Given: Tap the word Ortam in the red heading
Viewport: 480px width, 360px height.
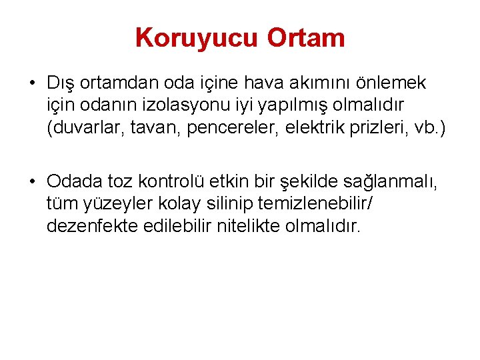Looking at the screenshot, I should [x=306, y=38].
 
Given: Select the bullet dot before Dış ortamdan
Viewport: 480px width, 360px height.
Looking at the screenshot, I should [x=32, y=83].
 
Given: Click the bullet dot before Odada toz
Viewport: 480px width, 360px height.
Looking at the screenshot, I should [x=32, y=182].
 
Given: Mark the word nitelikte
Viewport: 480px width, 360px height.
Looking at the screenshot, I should [x=247, y=226].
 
